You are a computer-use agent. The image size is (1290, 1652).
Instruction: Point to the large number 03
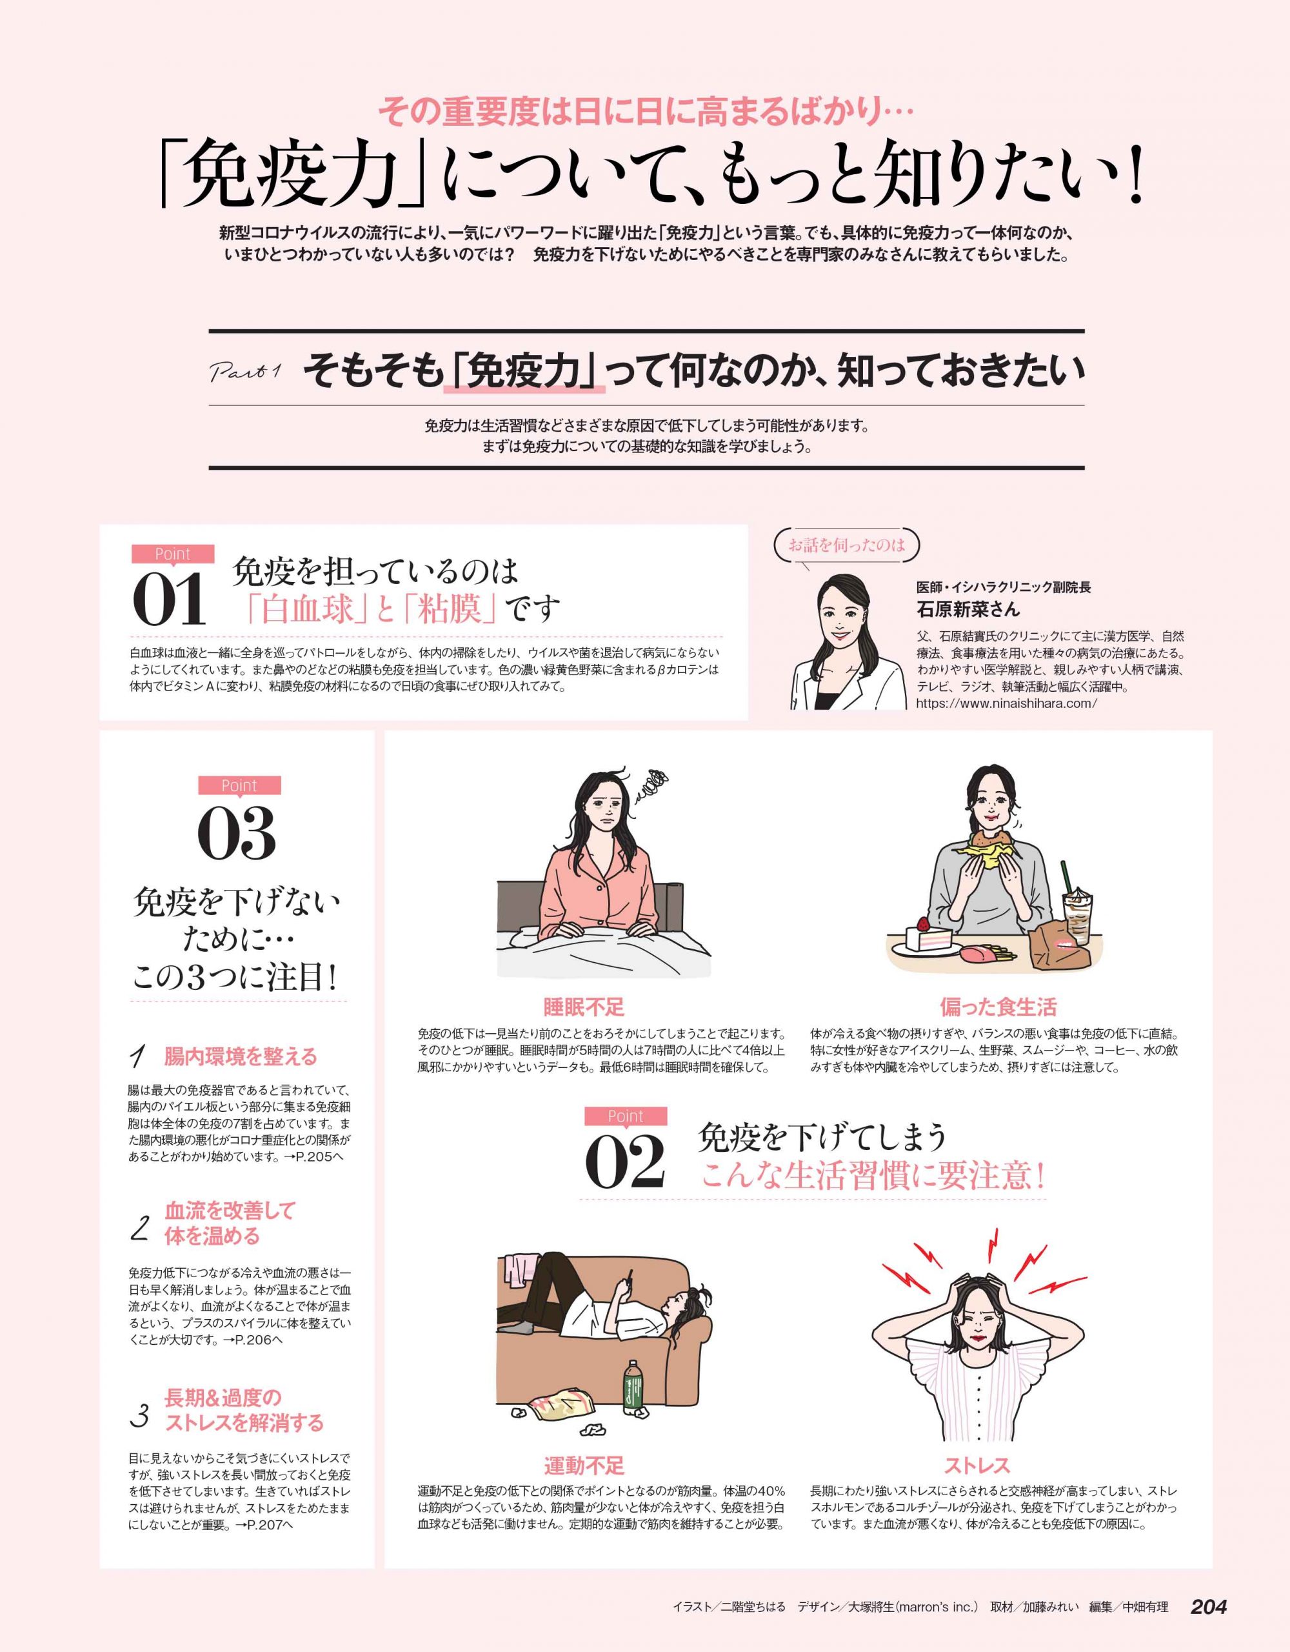click(x=237, y=834)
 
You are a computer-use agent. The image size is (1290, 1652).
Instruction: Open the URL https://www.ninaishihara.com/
click(x=1006, y=703)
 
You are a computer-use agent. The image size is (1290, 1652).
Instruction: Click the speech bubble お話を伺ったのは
click(x=847, y=545)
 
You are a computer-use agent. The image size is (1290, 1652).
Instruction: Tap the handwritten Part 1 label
click(x=244, y=372)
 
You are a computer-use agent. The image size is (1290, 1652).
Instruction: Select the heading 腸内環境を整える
click(x=241, y=1057)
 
